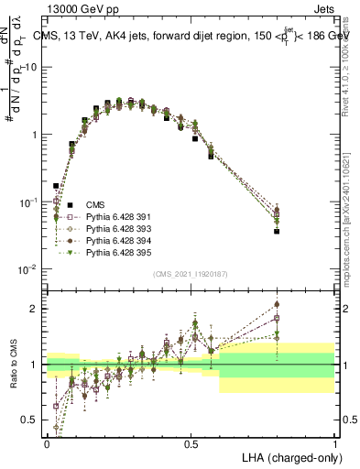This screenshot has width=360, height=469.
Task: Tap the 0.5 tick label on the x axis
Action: tap(191, 442)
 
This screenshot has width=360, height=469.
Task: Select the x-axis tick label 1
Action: tap(334, 442)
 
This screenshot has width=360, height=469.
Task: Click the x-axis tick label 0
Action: tap(47, 442)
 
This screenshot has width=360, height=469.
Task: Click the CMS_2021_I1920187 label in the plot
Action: tap(191, 274)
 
